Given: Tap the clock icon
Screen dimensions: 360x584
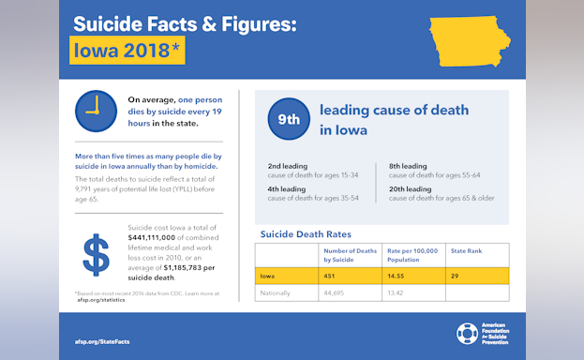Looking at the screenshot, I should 95,111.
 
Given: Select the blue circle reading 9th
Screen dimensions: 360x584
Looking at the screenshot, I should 288,119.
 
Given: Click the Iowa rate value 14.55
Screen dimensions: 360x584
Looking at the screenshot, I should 399,276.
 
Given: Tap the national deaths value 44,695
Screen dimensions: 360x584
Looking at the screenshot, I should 339,292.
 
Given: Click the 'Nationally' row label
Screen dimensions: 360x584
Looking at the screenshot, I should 276,292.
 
